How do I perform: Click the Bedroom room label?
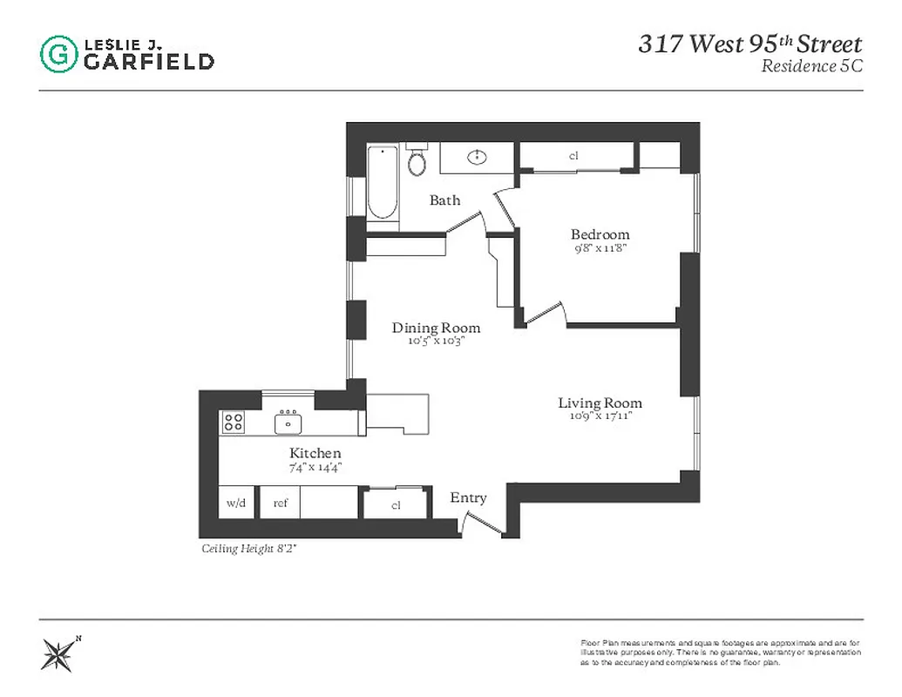pyautogui.click(x=600, y=234)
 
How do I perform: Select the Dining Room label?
pyautogui.click(x=436, y=328)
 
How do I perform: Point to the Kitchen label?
pyautogui.click(x=315, y=453)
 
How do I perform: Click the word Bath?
pyautogui.click(x=444, y=200)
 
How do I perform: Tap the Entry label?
pyautogui.click(x=468, y=497)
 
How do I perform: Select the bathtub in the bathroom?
pyautogui.click(x=383, y=183)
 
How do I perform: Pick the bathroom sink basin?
pyautogui.click(x=477, y=158)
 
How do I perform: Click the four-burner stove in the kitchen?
pyautogui.click(x=233, y=423)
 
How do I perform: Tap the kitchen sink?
pyautogui.click(x=288, y=423)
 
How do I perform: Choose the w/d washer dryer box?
pyautogui.click(x=236, y=503)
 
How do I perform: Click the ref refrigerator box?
pyautogui.click(x=281, y=503)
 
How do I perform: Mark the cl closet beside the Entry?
pyautogui.click(x=396, y=504)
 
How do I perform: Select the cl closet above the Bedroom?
pyautogui.click(x=573, y=156)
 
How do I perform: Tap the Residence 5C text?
pyautogui.click(x=810, y=66)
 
